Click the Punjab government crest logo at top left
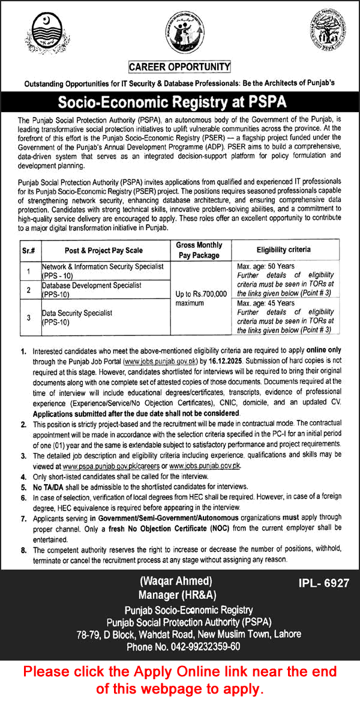pyautogui.click(x=43, y=33)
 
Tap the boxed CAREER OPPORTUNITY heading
pyautogui.click(x=179, y=67)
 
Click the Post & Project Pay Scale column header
pyautogui.click(x=104, y=250)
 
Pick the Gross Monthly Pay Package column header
pyautogui.click(x=199, y=250)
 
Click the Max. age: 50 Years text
pyautogui.click(x=266, y=266)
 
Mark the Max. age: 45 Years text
pyautogui.click(x=266, y=304)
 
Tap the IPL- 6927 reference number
pyautogui.click(x=323, y=583)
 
